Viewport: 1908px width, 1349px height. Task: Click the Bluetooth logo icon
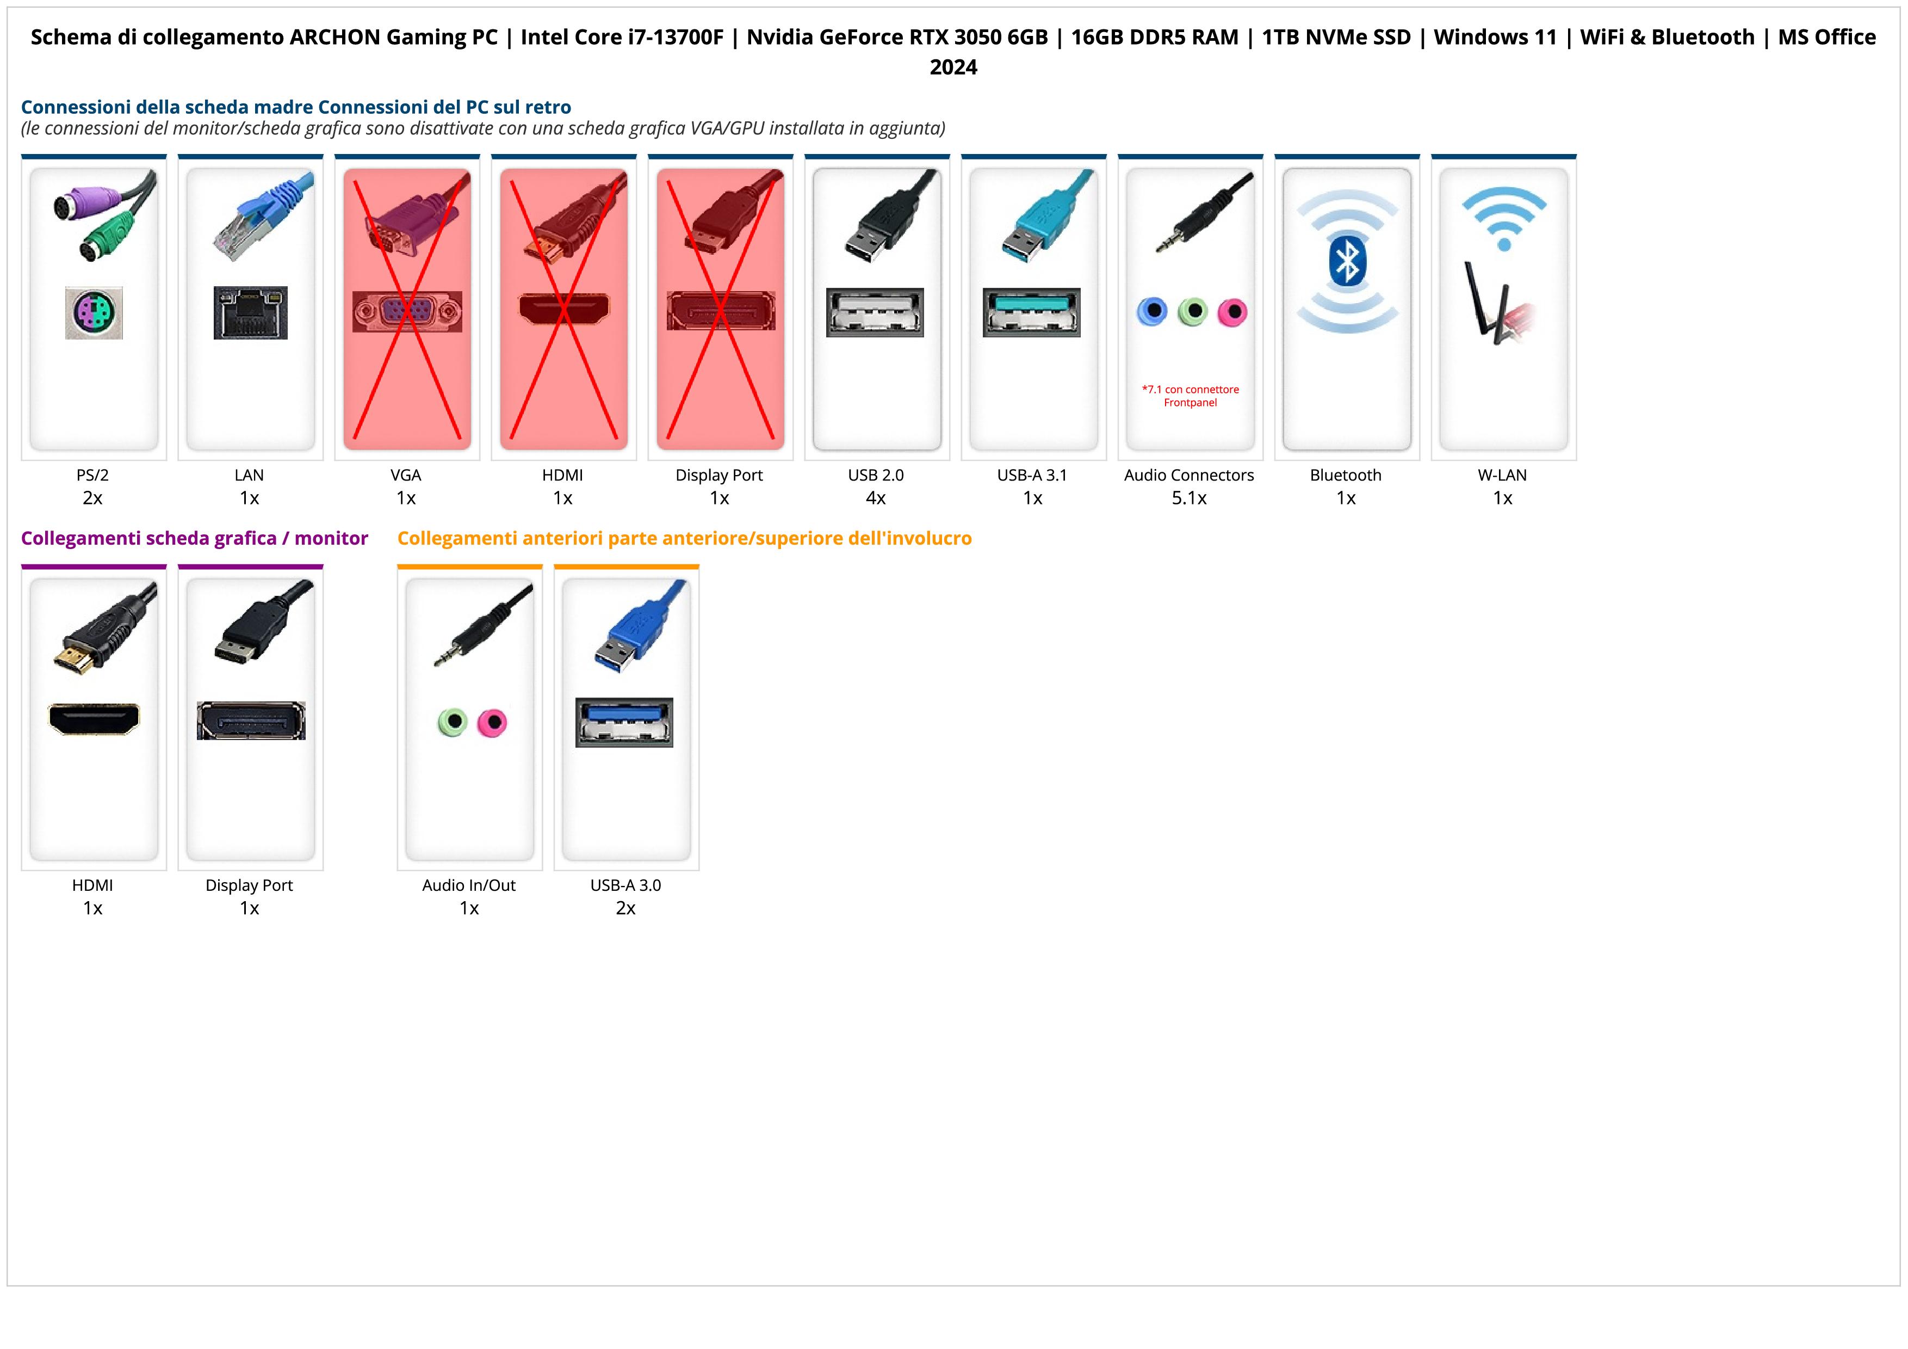pos(1347,262)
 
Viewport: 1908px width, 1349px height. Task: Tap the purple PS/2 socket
pos(94,312)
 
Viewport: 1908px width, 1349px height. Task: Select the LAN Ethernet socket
pos(250,312)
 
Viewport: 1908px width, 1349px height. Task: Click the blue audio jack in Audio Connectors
pos(1152,312)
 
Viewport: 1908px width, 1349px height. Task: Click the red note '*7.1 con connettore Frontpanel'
pos(1190,396)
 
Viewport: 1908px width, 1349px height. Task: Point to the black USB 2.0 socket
pos(875,312)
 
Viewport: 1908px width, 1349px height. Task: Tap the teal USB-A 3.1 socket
pos(1031,312)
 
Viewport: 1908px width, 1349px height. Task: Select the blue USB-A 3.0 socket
pos(624,722)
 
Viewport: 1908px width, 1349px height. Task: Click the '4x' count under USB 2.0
pos(876,498)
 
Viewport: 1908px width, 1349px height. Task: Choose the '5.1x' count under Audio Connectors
pos(1189,498)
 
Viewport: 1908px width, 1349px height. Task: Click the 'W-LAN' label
pos(1502,476)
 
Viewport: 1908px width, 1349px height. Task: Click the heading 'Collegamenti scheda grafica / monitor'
pos(195,539)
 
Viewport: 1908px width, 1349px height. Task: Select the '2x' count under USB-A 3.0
pos(625,908)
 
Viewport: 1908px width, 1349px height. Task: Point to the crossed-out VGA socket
pos(406,312)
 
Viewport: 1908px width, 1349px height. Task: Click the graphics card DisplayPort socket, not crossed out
pos(251,720)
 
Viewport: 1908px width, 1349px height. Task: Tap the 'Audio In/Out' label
pos(469,885)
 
